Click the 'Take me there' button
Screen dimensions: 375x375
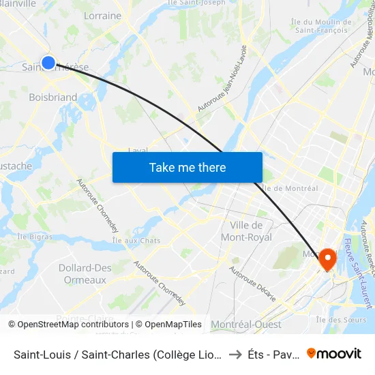click(x=187, y=167)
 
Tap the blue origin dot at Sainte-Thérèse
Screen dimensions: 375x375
click(x=48, y=63)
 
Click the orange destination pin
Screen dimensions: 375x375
click(x=327, y=258)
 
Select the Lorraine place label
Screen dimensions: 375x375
click(x=102, y=16)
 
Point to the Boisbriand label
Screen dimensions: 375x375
click(x=52, y=97)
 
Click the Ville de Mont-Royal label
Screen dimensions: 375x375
click(x=247, y=231)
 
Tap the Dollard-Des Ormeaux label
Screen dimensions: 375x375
click(x=85, y=273)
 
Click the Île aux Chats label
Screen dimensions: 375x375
click(x=136, y=241)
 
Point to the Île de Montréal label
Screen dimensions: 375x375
click(x=290, y=188)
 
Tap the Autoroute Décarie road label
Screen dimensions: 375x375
click(x=252, y=283)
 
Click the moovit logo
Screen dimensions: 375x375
click(x=334, y=353)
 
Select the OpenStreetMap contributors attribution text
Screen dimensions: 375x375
click(x=69, y=325)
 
